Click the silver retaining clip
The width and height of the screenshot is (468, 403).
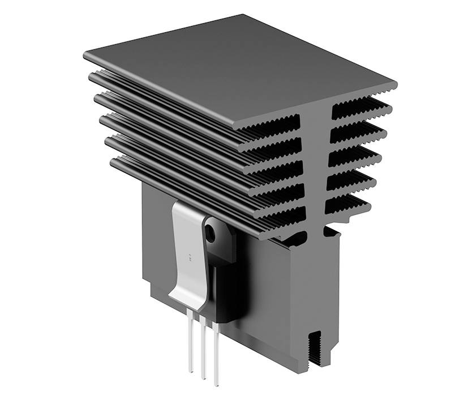[190, 249]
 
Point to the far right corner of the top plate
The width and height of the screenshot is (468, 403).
[396, 85]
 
